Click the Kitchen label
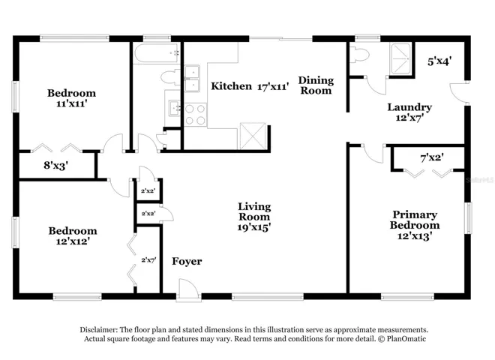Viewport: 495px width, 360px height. (231, 86)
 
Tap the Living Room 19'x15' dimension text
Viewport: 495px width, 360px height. (254, 227)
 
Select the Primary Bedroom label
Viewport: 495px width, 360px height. (415, 220)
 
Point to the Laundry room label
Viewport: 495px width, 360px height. (409, 107)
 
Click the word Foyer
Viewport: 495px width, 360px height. (187, 262)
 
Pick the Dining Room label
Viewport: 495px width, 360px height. (316, 85)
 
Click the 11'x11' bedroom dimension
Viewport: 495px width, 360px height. (72, 103)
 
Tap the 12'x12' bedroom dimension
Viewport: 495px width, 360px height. (73, 241)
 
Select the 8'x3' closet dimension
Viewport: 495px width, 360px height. (56, 165)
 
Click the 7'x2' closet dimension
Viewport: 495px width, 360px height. (432, 157)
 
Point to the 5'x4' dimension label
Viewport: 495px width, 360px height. (439, 61)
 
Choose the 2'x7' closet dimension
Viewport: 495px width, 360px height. (148, 260)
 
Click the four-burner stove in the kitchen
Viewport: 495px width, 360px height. (195, 115)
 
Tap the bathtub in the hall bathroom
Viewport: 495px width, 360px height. (157, 53)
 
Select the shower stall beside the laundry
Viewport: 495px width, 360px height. (401, 58)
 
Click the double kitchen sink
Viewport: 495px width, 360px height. (192, 79)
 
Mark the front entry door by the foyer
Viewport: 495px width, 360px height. (188, 290)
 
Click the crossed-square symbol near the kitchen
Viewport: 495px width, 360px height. (253, 136)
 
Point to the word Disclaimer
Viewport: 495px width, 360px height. (98, 330)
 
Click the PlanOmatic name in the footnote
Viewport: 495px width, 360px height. (406, 339)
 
